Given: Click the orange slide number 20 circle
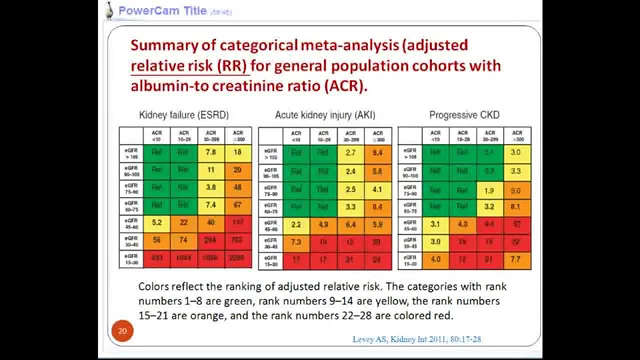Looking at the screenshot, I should point(122,331).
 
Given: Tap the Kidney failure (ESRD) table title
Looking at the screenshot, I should point(183,115).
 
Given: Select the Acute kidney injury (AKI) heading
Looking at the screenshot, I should point(325,115).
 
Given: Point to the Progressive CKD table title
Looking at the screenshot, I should point(464,115).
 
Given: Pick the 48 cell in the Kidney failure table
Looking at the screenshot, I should point(237,187).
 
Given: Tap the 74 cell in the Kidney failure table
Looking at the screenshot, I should point(184,240).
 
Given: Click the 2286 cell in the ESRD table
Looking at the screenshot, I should point(237,258).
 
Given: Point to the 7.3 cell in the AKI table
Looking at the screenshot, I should point(296,242).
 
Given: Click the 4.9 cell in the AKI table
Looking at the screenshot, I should point(323,225).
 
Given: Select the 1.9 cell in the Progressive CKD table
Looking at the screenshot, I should point(490,190).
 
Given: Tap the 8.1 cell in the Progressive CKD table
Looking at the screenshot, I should point(517,207).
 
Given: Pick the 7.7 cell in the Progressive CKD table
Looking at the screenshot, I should point(517,260).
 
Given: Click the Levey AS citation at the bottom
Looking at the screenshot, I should point(416,339).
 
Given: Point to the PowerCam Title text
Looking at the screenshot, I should point(162,10).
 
